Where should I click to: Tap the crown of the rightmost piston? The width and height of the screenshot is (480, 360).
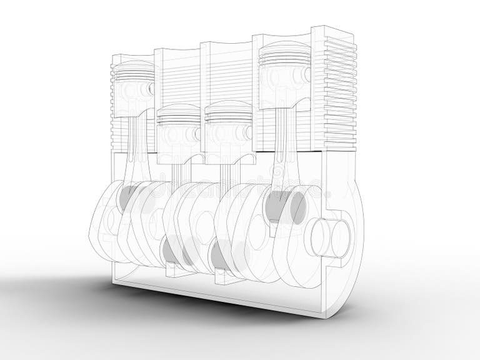285,49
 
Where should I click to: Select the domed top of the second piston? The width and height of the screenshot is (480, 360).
179,111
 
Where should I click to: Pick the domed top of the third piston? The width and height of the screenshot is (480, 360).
227,109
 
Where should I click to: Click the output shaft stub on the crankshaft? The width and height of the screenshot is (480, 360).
331,236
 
